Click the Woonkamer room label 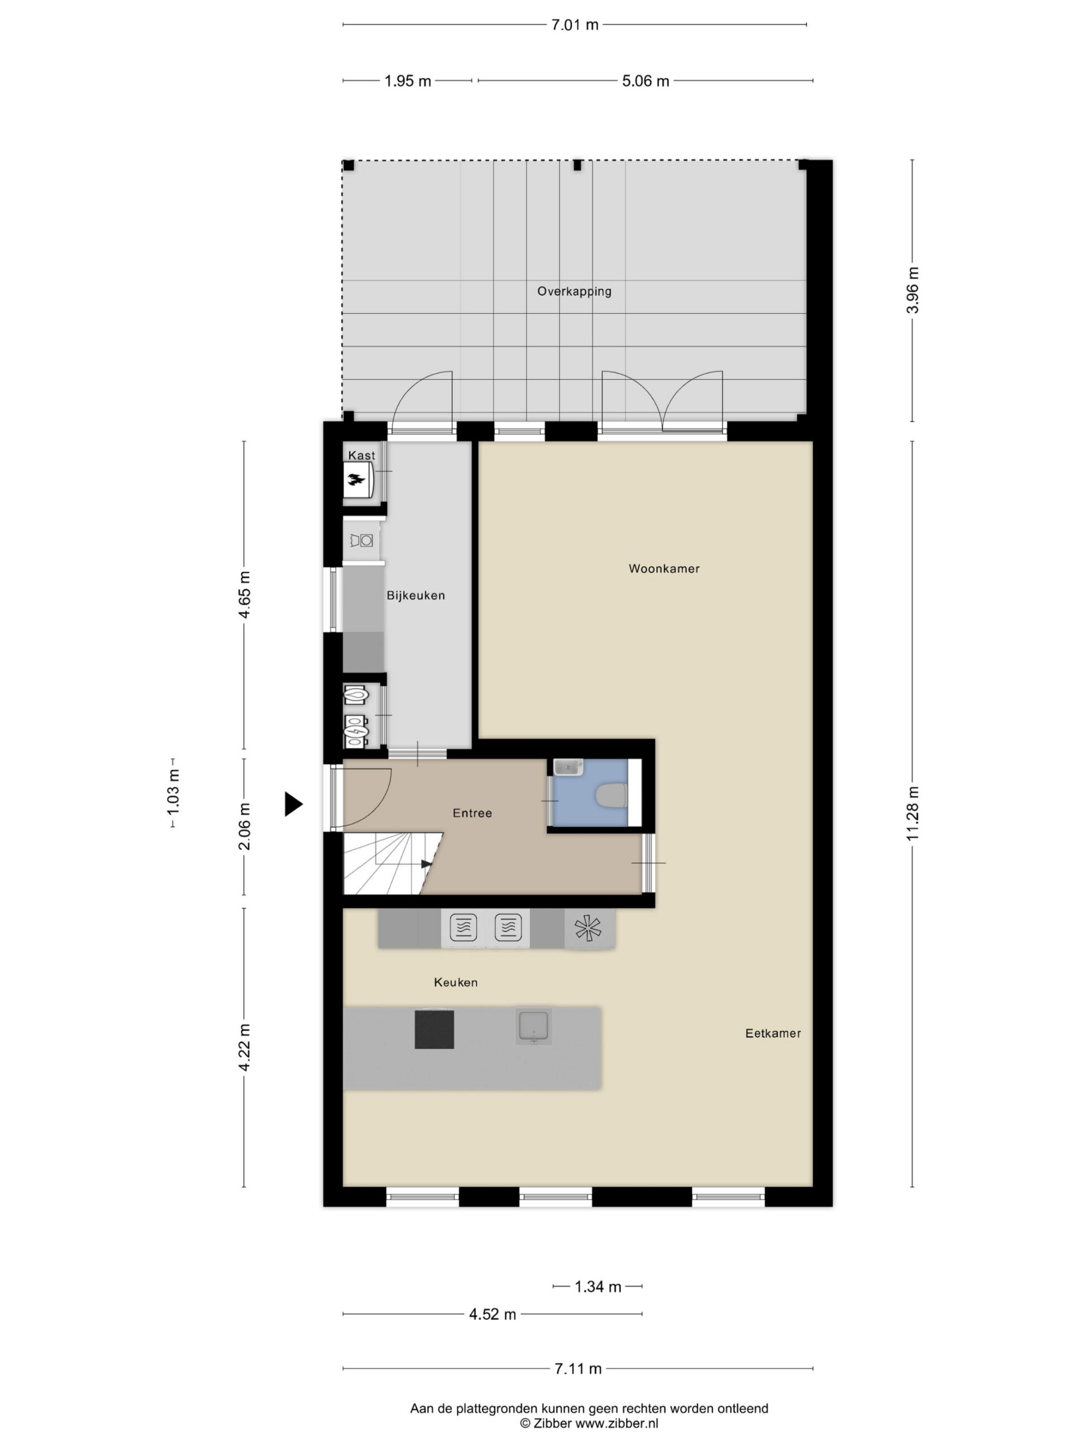coord(664,569)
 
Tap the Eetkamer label coord(773,1033)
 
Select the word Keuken coord(456,982)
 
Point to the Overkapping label coord(574,292)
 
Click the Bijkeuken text coord(416,595)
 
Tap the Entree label coord(472,813)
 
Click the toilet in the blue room coord(611,795)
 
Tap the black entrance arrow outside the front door coord(293,803)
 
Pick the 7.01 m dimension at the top coord(575,25)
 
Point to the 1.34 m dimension coord(598,1286)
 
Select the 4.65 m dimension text coord(244,595)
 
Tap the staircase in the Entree coord(392,863)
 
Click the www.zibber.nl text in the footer coord(616,1423)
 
